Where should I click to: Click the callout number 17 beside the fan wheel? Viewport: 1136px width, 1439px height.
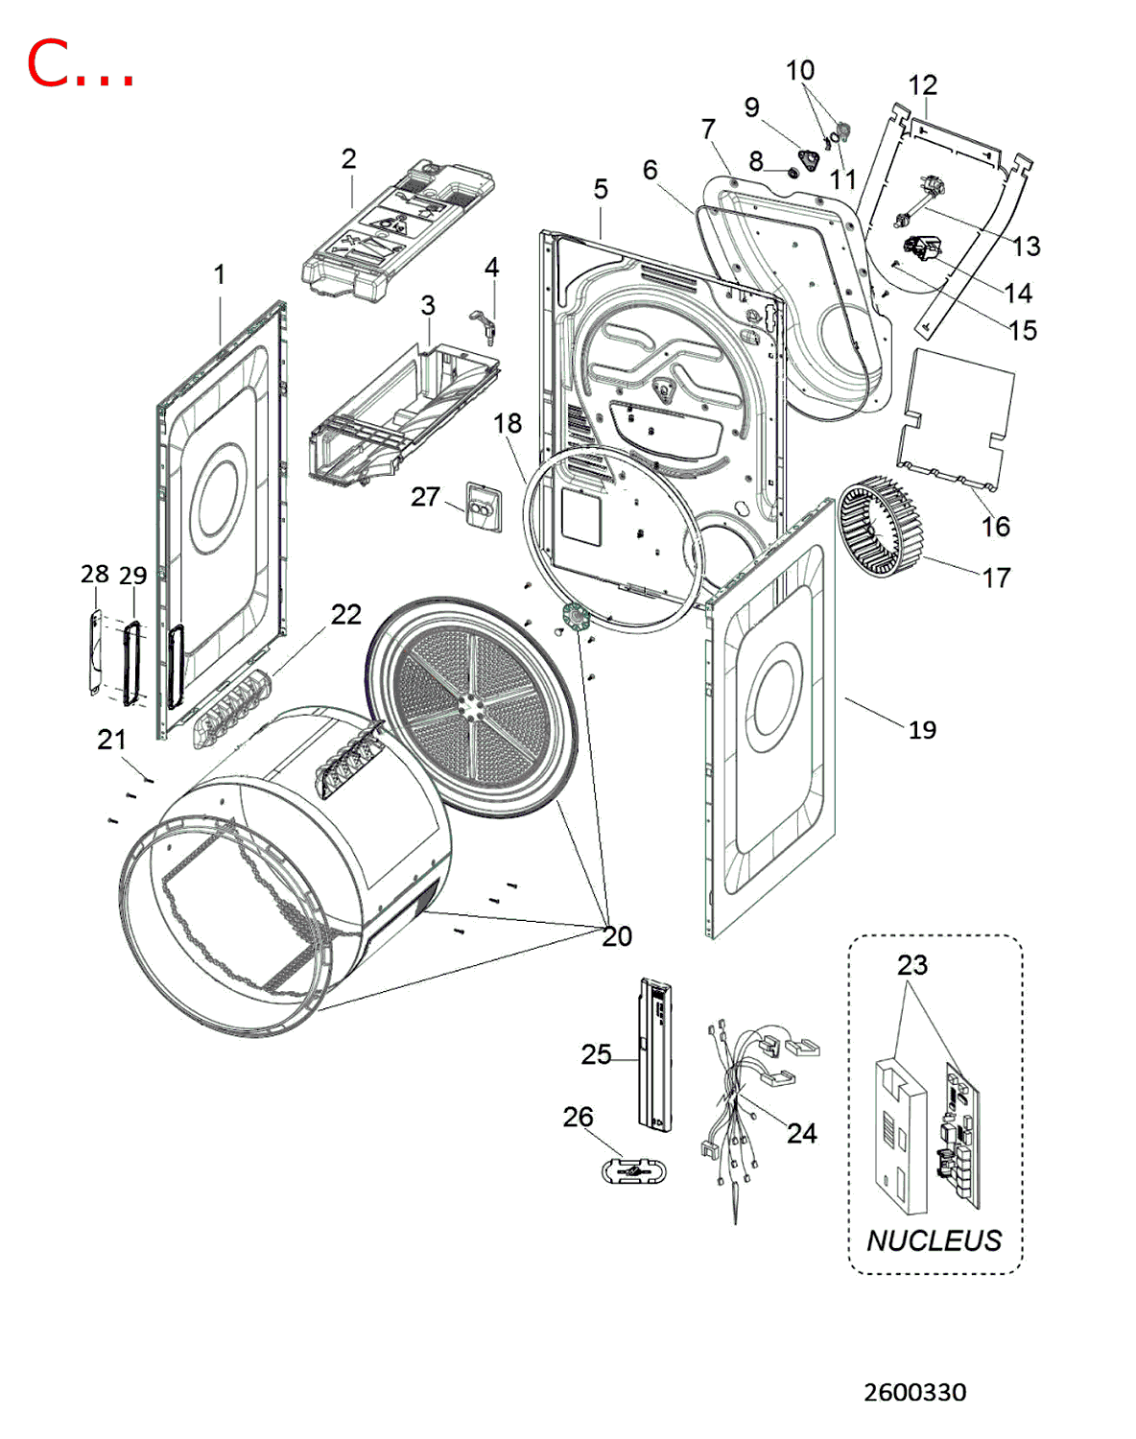coord(996,578)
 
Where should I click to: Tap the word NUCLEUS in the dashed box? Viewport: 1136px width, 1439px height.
coord(934,1240)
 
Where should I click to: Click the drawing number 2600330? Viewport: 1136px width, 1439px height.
coord(914,1392)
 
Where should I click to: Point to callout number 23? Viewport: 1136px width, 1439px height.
coord(911,964)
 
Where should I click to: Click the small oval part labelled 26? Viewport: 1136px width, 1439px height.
coord(633,1171)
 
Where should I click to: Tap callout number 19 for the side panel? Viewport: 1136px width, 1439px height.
coord(922,730)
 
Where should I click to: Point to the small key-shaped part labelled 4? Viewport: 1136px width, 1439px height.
coord(484,322)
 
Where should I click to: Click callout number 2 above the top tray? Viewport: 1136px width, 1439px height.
coord(348,158)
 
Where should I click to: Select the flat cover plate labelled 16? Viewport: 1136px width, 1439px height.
coord(956,417)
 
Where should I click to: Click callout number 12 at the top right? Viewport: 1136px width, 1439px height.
coord(922,84)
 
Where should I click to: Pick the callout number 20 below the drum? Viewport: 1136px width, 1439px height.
coord(617,936)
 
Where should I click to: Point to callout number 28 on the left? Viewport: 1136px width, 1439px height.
coord(94,574)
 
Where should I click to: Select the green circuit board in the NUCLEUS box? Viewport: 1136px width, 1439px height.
coord(960,1132)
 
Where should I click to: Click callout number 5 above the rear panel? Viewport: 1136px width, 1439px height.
coord(601,189)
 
